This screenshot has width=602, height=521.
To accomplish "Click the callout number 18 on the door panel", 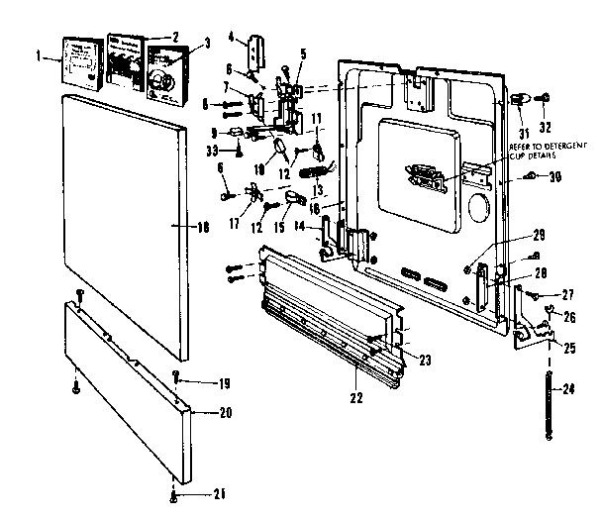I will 204,227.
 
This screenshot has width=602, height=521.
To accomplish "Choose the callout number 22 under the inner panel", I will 356,397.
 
